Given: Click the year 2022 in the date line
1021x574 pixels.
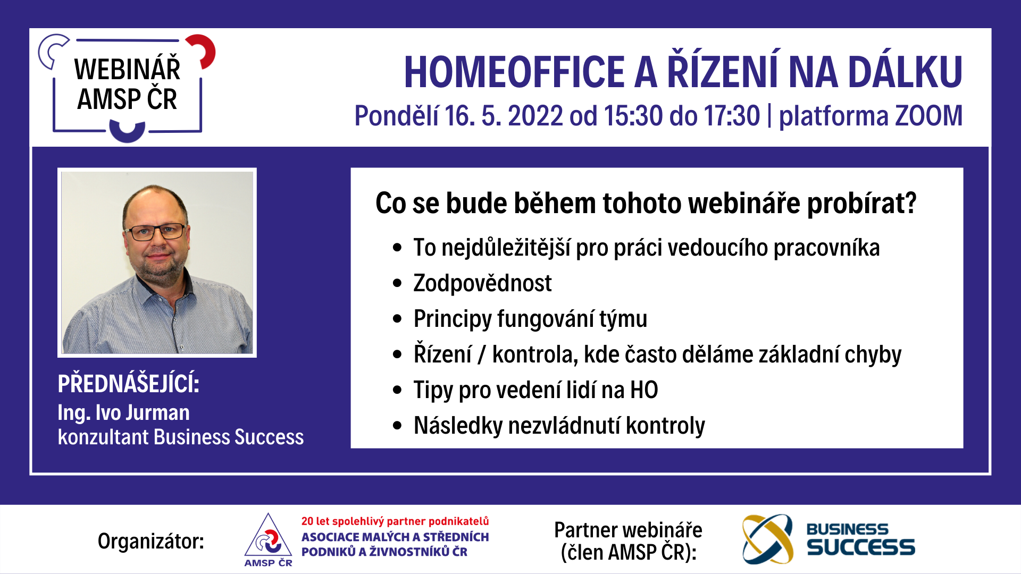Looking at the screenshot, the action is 535,116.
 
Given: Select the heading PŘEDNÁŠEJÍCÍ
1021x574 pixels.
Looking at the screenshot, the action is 128,383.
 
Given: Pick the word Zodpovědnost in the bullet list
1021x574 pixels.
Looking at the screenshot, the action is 482,283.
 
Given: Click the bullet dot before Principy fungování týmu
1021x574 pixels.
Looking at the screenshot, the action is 397,319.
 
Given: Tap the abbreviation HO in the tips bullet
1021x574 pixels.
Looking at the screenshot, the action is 644,390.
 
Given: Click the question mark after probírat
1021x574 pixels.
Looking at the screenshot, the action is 910,202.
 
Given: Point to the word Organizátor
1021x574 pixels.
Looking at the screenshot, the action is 151,541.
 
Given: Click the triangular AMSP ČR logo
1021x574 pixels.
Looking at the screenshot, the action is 268,540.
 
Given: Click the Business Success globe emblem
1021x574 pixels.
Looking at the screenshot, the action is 767,539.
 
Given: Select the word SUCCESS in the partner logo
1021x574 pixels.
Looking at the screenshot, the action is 861,547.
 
